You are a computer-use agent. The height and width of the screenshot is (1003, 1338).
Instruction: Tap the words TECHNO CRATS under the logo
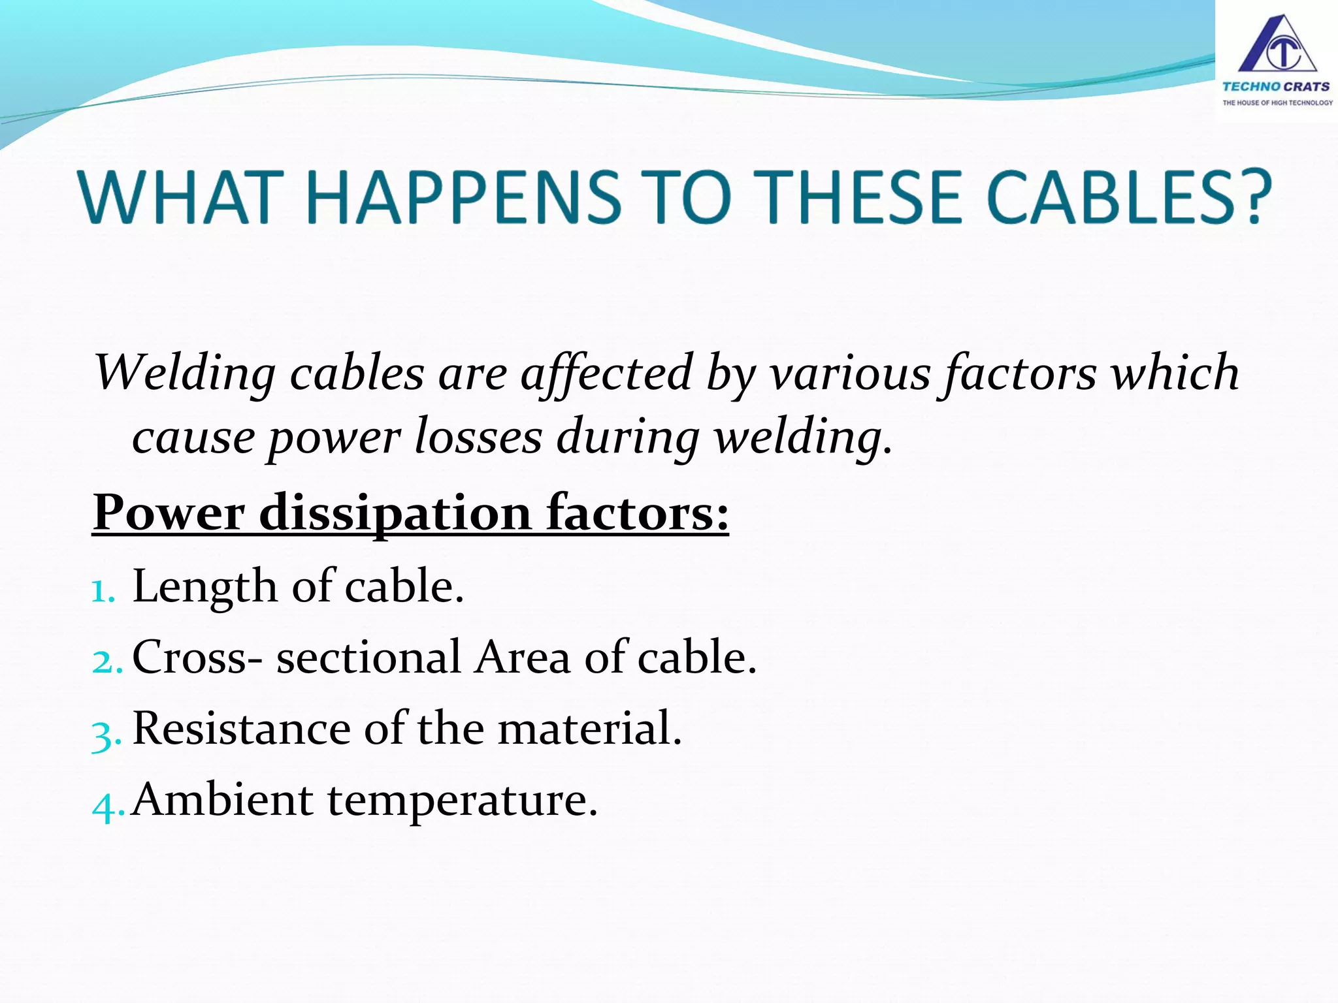coord(1276,86)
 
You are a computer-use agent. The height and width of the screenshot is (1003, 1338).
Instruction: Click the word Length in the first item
coord(204,586)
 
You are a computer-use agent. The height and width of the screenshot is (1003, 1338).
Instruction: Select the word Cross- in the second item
coord(197,657)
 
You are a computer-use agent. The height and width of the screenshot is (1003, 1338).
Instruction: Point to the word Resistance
coord(241,728)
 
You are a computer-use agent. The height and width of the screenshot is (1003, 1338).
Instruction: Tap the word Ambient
coord(222,799)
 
